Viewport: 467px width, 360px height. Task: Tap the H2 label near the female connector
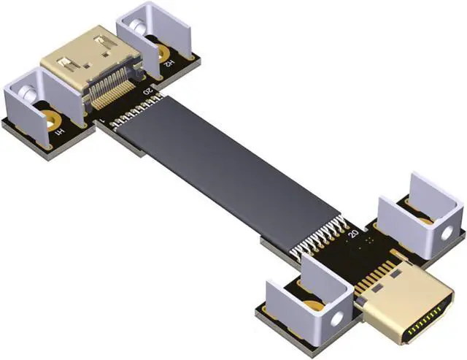(x=169, y=64)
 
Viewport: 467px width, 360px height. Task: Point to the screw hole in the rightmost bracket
(x=444, y=235)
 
